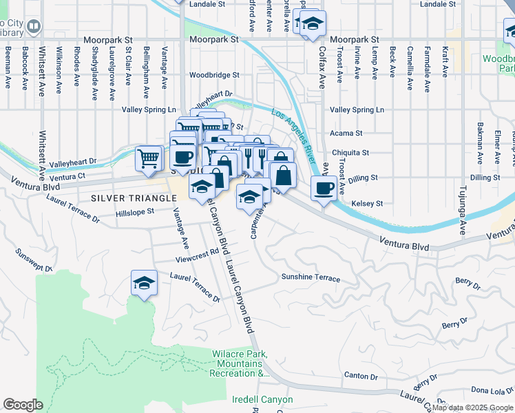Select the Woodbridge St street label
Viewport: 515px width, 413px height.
tap(214, 75)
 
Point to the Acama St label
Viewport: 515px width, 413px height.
tap(346, 133)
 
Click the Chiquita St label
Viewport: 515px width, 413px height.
tap(350, 153)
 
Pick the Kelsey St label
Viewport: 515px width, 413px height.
tap(366, 204)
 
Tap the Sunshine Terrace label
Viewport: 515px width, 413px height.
tap(310, 278)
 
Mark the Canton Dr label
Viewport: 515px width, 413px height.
tap(360, 377)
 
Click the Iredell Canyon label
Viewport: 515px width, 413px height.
tap(262, 400)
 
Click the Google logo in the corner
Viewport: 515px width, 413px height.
tap(23, 405)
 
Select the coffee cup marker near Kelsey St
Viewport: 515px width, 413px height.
tap(323, 187)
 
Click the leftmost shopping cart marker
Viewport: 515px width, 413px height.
tap(149, 158)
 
